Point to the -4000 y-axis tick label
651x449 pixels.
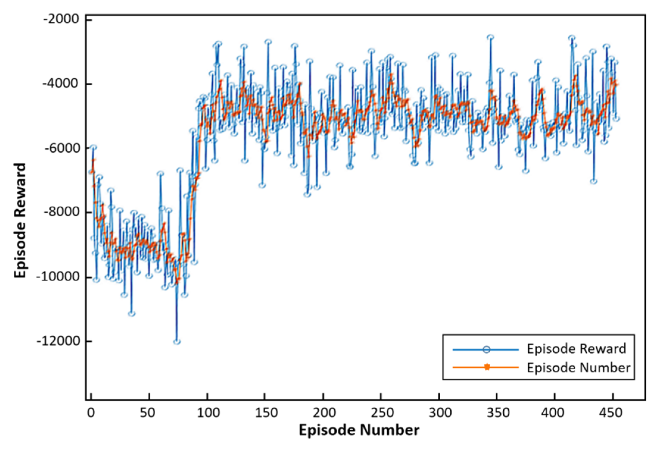[61, 83]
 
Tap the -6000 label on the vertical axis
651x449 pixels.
[61, 148]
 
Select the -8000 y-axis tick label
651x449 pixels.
[61, 212]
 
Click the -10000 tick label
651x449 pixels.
[58, 277]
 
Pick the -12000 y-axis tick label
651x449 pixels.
[58, 341]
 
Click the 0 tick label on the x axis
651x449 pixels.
[91, 413]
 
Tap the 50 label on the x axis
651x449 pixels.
[148, 413]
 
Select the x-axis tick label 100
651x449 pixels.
[208, 413]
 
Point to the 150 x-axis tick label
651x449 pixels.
[266, 413]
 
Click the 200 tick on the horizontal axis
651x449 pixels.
[324, 413]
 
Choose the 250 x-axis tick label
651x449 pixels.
[382, 413]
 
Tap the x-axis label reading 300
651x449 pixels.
[440, 413]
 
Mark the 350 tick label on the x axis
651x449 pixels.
[498, 413]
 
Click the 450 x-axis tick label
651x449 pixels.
[611, 413]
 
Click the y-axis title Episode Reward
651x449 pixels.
[20, 220]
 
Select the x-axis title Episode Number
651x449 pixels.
[359, 430]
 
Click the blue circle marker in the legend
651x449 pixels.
[486, 350]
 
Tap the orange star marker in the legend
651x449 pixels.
[487, 367]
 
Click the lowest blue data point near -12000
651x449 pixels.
[177, 342]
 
